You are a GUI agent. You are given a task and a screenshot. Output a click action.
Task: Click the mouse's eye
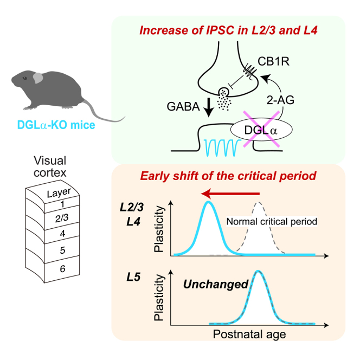click(x=24, y=79)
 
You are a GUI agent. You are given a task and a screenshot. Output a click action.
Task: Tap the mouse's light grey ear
click(x=38, y=78)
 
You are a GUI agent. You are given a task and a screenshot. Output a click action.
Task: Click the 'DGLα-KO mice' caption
click(x=56, y=125)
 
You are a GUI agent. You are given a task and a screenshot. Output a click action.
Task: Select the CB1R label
click(x=273, y=61)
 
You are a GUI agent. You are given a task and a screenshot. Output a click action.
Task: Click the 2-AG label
click(x=280, y=100)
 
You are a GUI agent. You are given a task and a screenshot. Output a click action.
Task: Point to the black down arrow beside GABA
click(x=209, y=107)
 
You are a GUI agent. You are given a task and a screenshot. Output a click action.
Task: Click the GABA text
click(x=183, y=106)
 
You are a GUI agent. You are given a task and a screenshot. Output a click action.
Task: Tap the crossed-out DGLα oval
click(x=261, y=130)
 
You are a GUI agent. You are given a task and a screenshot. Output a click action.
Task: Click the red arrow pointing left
click(x=230, y=194)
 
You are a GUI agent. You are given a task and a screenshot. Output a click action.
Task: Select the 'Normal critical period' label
click(x=272, y=222)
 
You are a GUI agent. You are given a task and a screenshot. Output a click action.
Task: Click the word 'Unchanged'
click(x=216, y=284)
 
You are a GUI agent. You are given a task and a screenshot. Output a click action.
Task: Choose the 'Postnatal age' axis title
click(x=249, y=335)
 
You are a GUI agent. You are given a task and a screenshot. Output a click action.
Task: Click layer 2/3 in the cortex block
click(x=62, y=218)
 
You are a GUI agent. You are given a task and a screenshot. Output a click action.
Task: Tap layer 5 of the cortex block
click(x=62, y=250)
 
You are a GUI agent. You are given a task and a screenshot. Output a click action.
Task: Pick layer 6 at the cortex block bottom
click(x=62, y=268)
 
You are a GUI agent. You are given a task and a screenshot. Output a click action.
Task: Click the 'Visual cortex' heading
click(x=50, y=166)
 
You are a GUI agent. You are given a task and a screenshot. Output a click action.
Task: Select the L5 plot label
click(x=133, y=277)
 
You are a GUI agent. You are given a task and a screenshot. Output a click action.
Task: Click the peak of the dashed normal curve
click(x=258, y=202)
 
